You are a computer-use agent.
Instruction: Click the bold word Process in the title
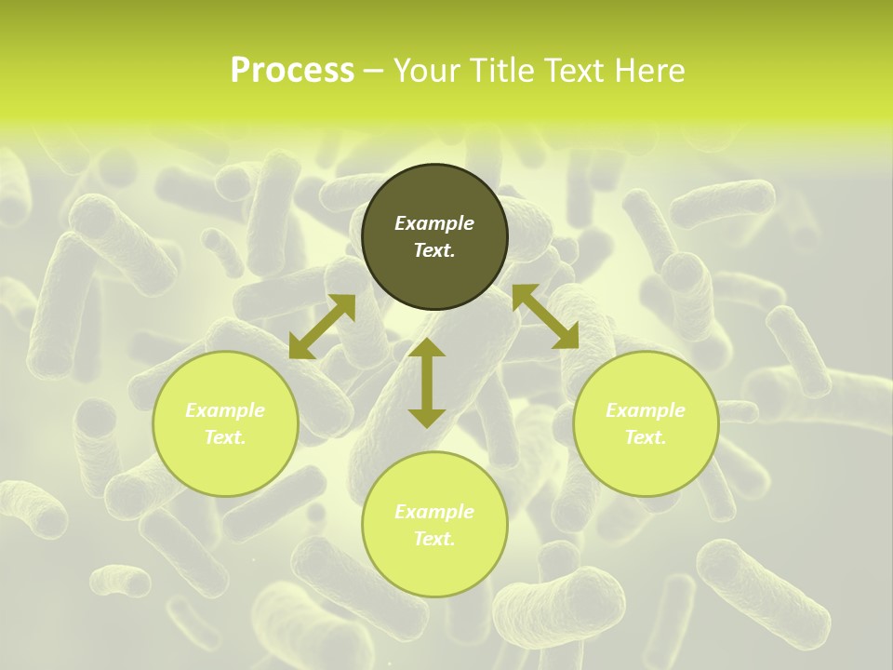pos(292,71)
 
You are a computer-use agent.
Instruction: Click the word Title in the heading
pos(500,71)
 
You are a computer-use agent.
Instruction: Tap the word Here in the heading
pos(646,71)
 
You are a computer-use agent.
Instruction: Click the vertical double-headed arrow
pos(427,382)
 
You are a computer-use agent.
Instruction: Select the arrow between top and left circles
pos(322,327)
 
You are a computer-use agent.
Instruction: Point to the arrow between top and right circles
pos(545,316)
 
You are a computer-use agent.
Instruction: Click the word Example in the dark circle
pos(434,223)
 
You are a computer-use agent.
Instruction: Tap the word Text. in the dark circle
pos(434,250)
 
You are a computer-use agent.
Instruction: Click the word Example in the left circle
pos(225,410)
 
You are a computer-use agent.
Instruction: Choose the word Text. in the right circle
pos(646,437)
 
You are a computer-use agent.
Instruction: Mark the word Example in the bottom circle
pos(434,512)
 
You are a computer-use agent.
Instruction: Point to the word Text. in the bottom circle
pos(434,539)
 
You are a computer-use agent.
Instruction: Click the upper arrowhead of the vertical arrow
pos(427,349)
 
